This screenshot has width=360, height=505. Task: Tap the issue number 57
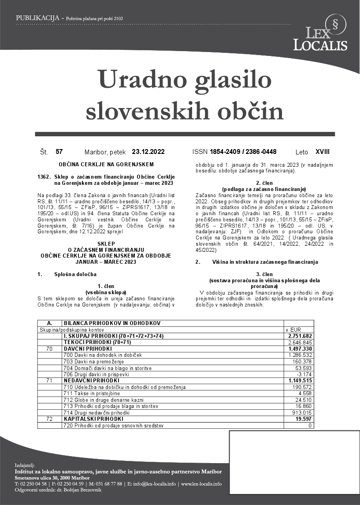click(x=59, y=152)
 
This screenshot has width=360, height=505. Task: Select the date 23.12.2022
click(x=148, y=152)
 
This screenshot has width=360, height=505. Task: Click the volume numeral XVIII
click(x=322, y=152)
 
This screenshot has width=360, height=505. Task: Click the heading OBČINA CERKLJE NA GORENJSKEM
click(x=106, y=165)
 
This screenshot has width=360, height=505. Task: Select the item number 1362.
click(x=45, y=177)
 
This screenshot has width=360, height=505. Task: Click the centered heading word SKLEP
click(x=106, y=243)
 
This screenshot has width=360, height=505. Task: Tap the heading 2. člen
click(x=264, y=183)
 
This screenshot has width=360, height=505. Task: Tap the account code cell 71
click(x=49, y=380)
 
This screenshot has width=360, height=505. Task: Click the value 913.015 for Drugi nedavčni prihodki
click(x=302, y=413)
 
